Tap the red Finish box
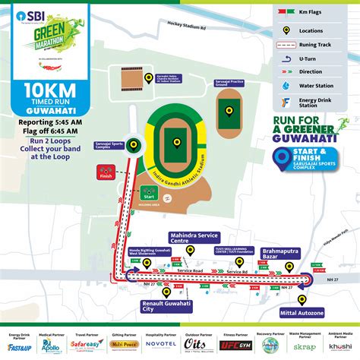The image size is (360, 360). [x=105, y=172]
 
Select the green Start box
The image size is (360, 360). [x=150, y=194]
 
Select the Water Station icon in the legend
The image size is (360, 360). [x=286, y=85]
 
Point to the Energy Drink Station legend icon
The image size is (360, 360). [x=286, y=101]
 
